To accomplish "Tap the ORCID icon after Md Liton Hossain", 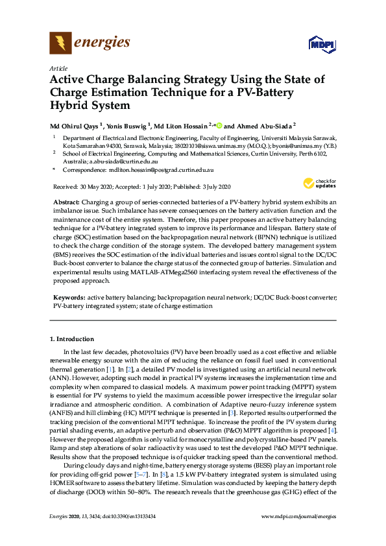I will click(x=219, y=126).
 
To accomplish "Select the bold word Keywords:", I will click(x=69, y=297).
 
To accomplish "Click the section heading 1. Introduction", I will click(x=72, y=338).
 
